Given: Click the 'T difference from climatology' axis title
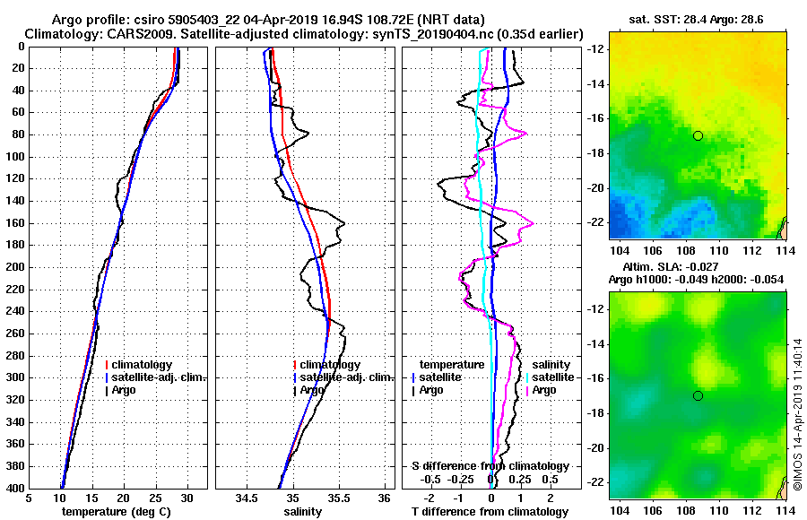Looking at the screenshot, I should click(490, 511).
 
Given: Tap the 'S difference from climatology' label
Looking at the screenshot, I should click(490, 466).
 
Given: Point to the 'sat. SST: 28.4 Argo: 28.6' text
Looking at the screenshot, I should click(698, 19).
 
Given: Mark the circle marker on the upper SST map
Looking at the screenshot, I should click(698, 135).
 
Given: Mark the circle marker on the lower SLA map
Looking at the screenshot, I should click(698, 395).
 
